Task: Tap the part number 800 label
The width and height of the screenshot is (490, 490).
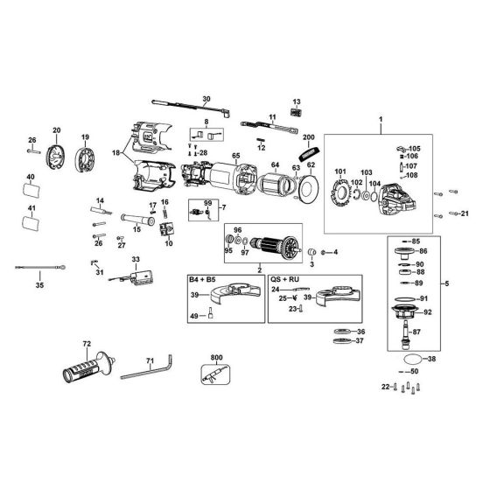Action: pos(217,357)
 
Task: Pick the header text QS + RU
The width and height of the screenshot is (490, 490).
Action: pos(281,278)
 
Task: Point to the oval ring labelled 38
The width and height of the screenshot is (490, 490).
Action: pos(411,359)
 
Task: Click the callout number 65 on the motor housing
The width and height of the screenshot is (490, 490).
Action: pos(235,156)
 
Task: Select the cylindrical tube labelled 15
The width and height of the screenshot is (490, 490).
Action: pos(135,217)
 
